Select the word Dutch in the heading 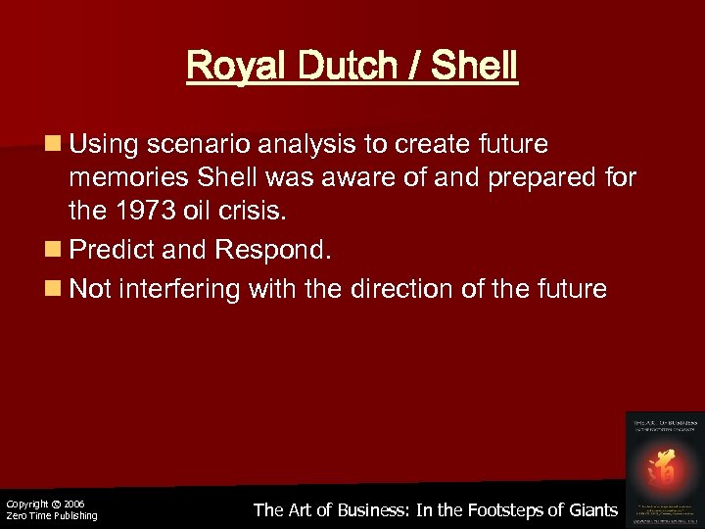click(x=336, y=68)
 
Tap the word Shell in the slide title click(x=473, y=68)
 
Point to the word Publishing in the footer click(x=70, y=516)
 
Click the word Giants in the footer click(x=590, y=509)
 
